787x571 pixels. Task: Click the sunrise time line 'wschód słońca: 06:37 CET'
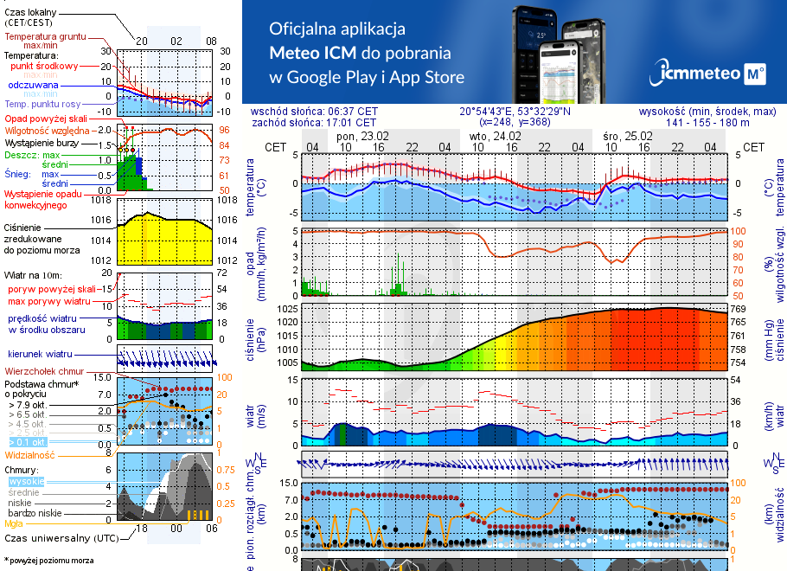[327, 111]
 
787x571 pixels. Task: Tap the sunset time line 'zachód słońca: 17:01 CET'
[327, 122]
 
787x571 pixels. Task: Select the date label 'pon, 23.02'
[362, 136]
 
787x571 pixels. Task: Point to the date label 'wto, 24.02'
[495, 136]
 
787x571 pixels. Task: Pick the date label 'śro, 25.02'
[627, 136]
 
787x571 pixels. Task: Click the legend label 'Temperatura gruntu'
[45, 37]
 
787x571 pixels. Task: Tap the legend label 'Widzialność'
[30, 454]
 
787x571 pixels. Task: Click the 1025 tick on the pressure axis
[286, 309]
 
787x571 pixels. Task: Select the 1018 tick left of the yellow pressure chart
[103, 200]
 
